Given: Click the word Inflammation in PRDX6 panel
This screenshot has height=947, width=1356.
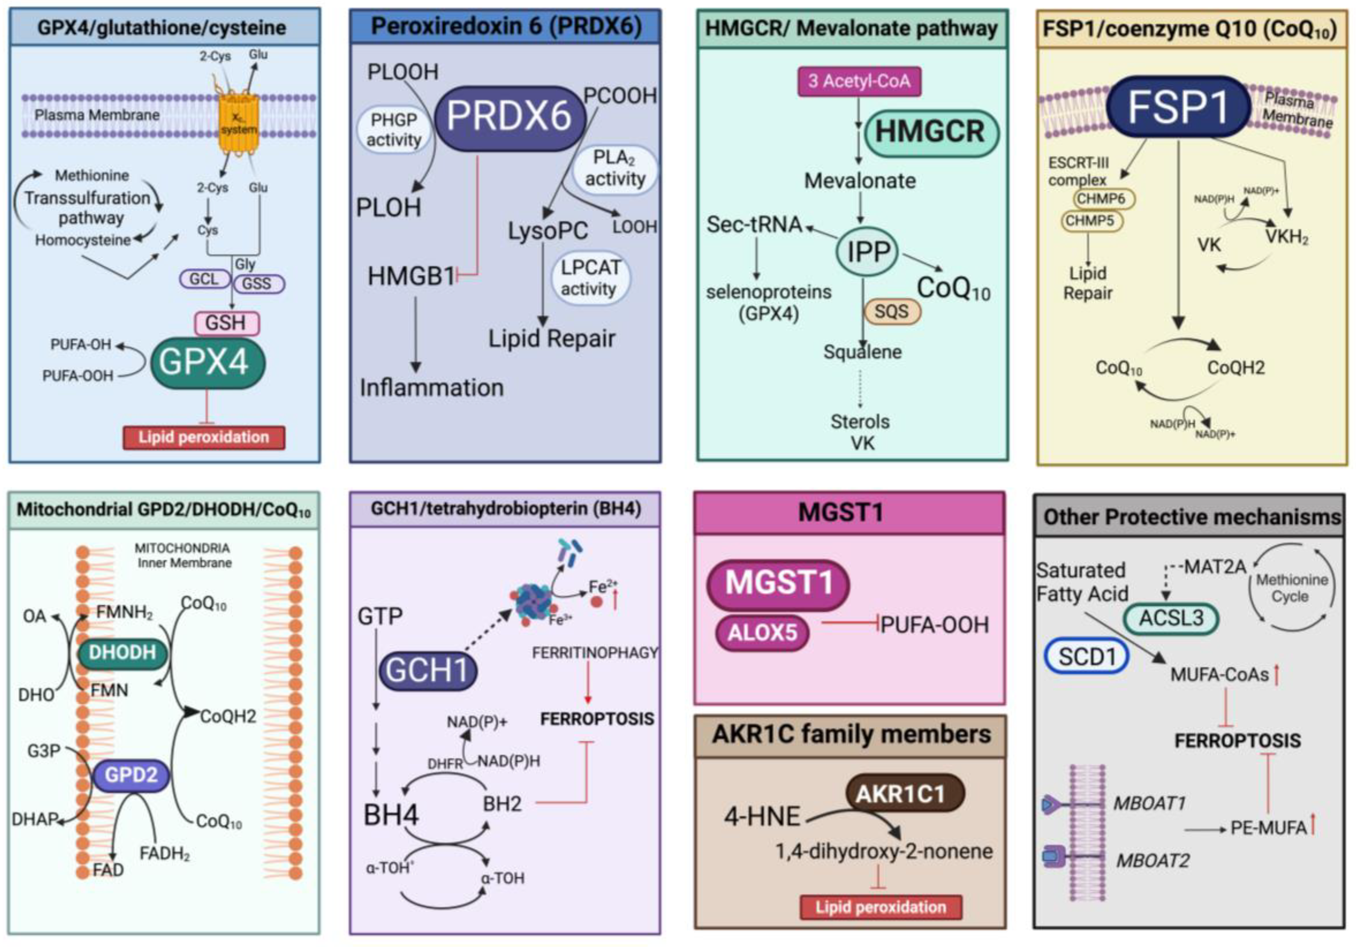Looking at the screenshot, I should click(x=432, y=387).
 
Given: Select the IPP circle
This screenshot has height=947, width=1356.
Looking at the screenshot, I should click(x=868, y=252).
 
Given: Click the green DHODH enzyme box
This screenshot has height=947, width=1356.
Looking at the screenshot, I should click(x=122, y=652).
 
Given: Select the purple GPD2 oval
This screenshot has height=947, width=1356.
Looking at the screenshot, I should click(x=131, y=775).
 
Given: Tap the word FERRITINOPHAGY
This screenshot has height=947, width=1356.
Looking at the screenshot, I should click(x=594, y=652).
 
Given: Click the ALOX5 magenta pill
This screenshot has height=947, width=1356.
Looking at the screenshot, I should click(x=762, y=633).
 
